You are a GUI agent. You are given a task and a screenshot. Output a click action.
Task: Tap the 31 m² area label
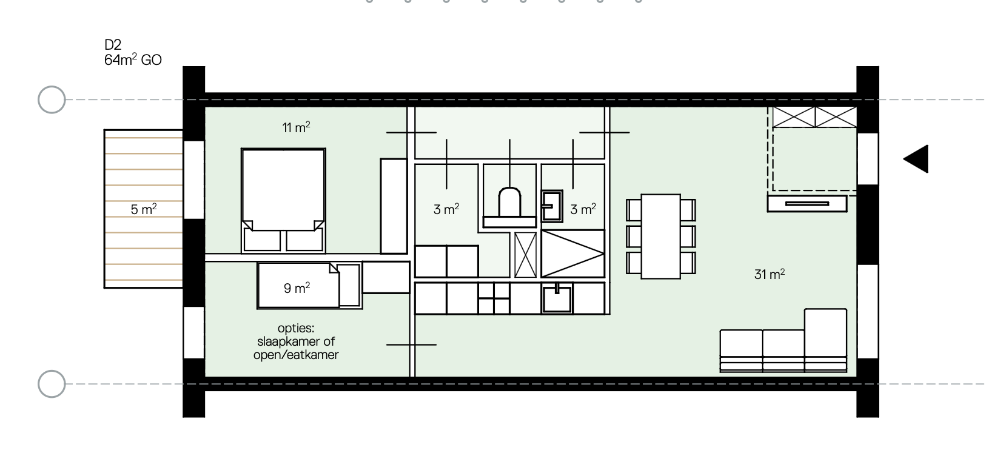click(x=769, y=274)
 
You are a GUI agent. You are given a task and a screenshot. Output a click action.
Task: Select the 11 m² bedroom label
click(x=296, y=127)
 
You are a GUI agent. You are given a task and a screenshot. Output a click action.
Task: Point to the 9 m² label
click(x=297, y=288)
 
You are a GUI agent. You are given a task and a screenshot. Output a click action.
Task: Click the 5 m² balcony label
click(x=144, y=210)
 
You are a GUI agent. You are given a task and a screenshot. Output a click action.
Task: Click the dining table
click(x=660, y=236)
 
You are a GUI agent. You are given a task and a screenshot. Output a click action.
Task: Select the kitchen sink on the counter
click(x=557, y=299)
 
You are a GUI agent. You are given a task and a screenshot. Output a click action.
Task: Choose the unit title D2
click(x=113, y=44)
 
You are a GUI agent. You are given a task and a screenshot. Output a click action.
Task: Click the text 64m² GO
click(x=133, y=59)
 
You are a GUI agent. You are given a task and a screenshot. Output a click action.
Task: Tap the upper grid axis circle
click(x=52, y=99)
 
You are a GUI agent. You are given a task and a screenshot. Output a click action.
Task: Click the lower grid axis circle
click(x=52, y=384)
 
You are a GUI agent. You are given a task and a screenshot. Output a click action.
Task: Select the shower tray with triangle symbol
click(x=572, y=253)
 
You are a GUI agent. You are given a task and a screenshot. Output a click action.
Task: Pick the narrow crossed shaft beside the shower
click(x=525, y=254)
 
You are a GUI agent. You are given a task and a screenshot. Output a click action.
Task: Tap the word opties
click(x=296, y=329)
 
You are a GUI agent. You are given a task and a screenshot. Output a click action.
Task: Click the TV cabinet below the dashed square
click(x=807, y=203)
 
